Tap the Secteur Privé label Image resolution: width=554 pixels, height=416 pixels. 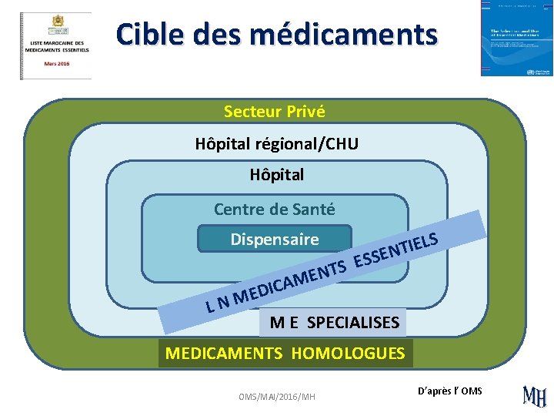275,112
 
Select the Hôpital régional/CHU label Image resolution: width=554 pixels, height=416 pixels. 276,144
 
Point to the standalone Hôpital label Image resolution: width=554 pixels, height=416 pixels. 276,175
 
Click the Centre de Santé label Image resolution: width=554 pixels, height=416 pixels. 274,209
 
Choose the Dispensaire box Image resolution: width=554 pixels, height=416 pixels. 274,240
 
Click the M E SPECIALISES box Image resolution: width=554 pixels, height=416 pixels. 334,322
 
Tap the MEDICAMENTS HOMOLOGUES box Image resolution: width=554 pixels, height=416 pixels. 285,354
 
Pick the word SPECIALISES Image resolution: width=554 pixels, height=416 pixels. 353,322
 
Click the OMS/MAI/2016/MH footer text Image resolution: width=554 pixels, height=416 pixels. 276,396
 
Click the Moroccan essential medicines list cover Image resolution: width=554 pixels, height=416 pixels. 55,45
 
